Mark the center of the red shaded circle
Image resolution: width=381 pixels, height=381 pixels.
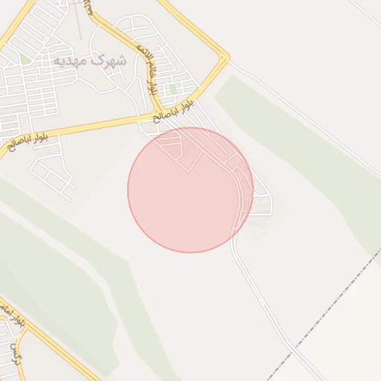(x=190, y=190)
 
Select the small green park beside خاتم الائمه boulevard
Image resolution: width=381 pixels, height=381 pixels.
(x=172, y=89)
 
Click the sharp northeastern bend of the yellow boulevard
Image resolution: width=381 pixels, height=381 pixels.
(x=225, y=57)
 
